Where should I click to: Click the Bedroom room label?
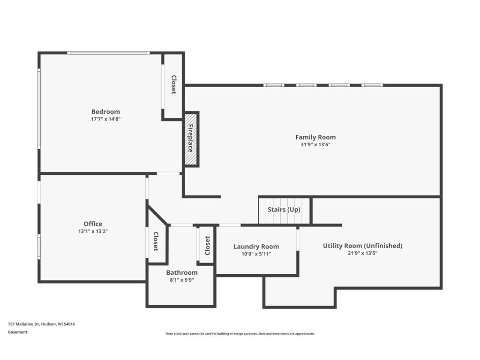click(x=105, y=112)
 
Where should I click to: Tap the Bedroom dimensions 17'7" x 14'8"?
click(x=105, y=119)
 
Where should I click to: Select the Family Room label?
click(x=315, y=137)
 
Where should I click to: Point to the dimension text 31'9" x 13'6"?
click(x=315, y=144)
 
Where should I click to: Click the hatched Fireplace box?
click(x=191, y=139)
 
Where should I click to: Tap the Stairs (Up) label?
click(x=284, y=210)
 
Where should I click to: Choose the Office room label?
click(x=93, y=224)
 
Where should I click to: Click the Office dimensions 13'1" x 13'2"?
click(x=93, y=231)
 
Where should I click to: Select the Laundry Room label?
click(x=256, y=247)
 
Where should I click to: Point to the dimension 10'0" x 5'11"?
click(x=256, y=254)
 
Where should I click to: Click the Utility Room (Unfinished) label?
click(x=363, y=246)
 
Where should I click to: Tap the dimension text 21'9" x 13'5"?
click(x=362, y=253)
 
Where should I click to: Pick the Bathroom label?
click(x=182, y=272)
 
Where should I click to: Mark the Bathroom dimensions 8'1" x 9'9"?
click(x=182, y=280)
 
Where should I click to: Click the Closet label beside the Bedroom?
click(x=173, y=84)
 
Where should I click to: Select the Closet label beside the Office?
click(x=156, y=241)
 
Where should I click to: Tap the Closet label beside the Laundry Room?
click(x=207, y=246)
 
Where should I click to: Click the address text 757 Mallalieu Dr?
click(x=24, y=324)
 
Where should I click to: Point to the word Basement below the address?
click(x=18, y=332)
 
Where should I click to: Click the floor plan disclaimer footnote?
click(x=240, y=334)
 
